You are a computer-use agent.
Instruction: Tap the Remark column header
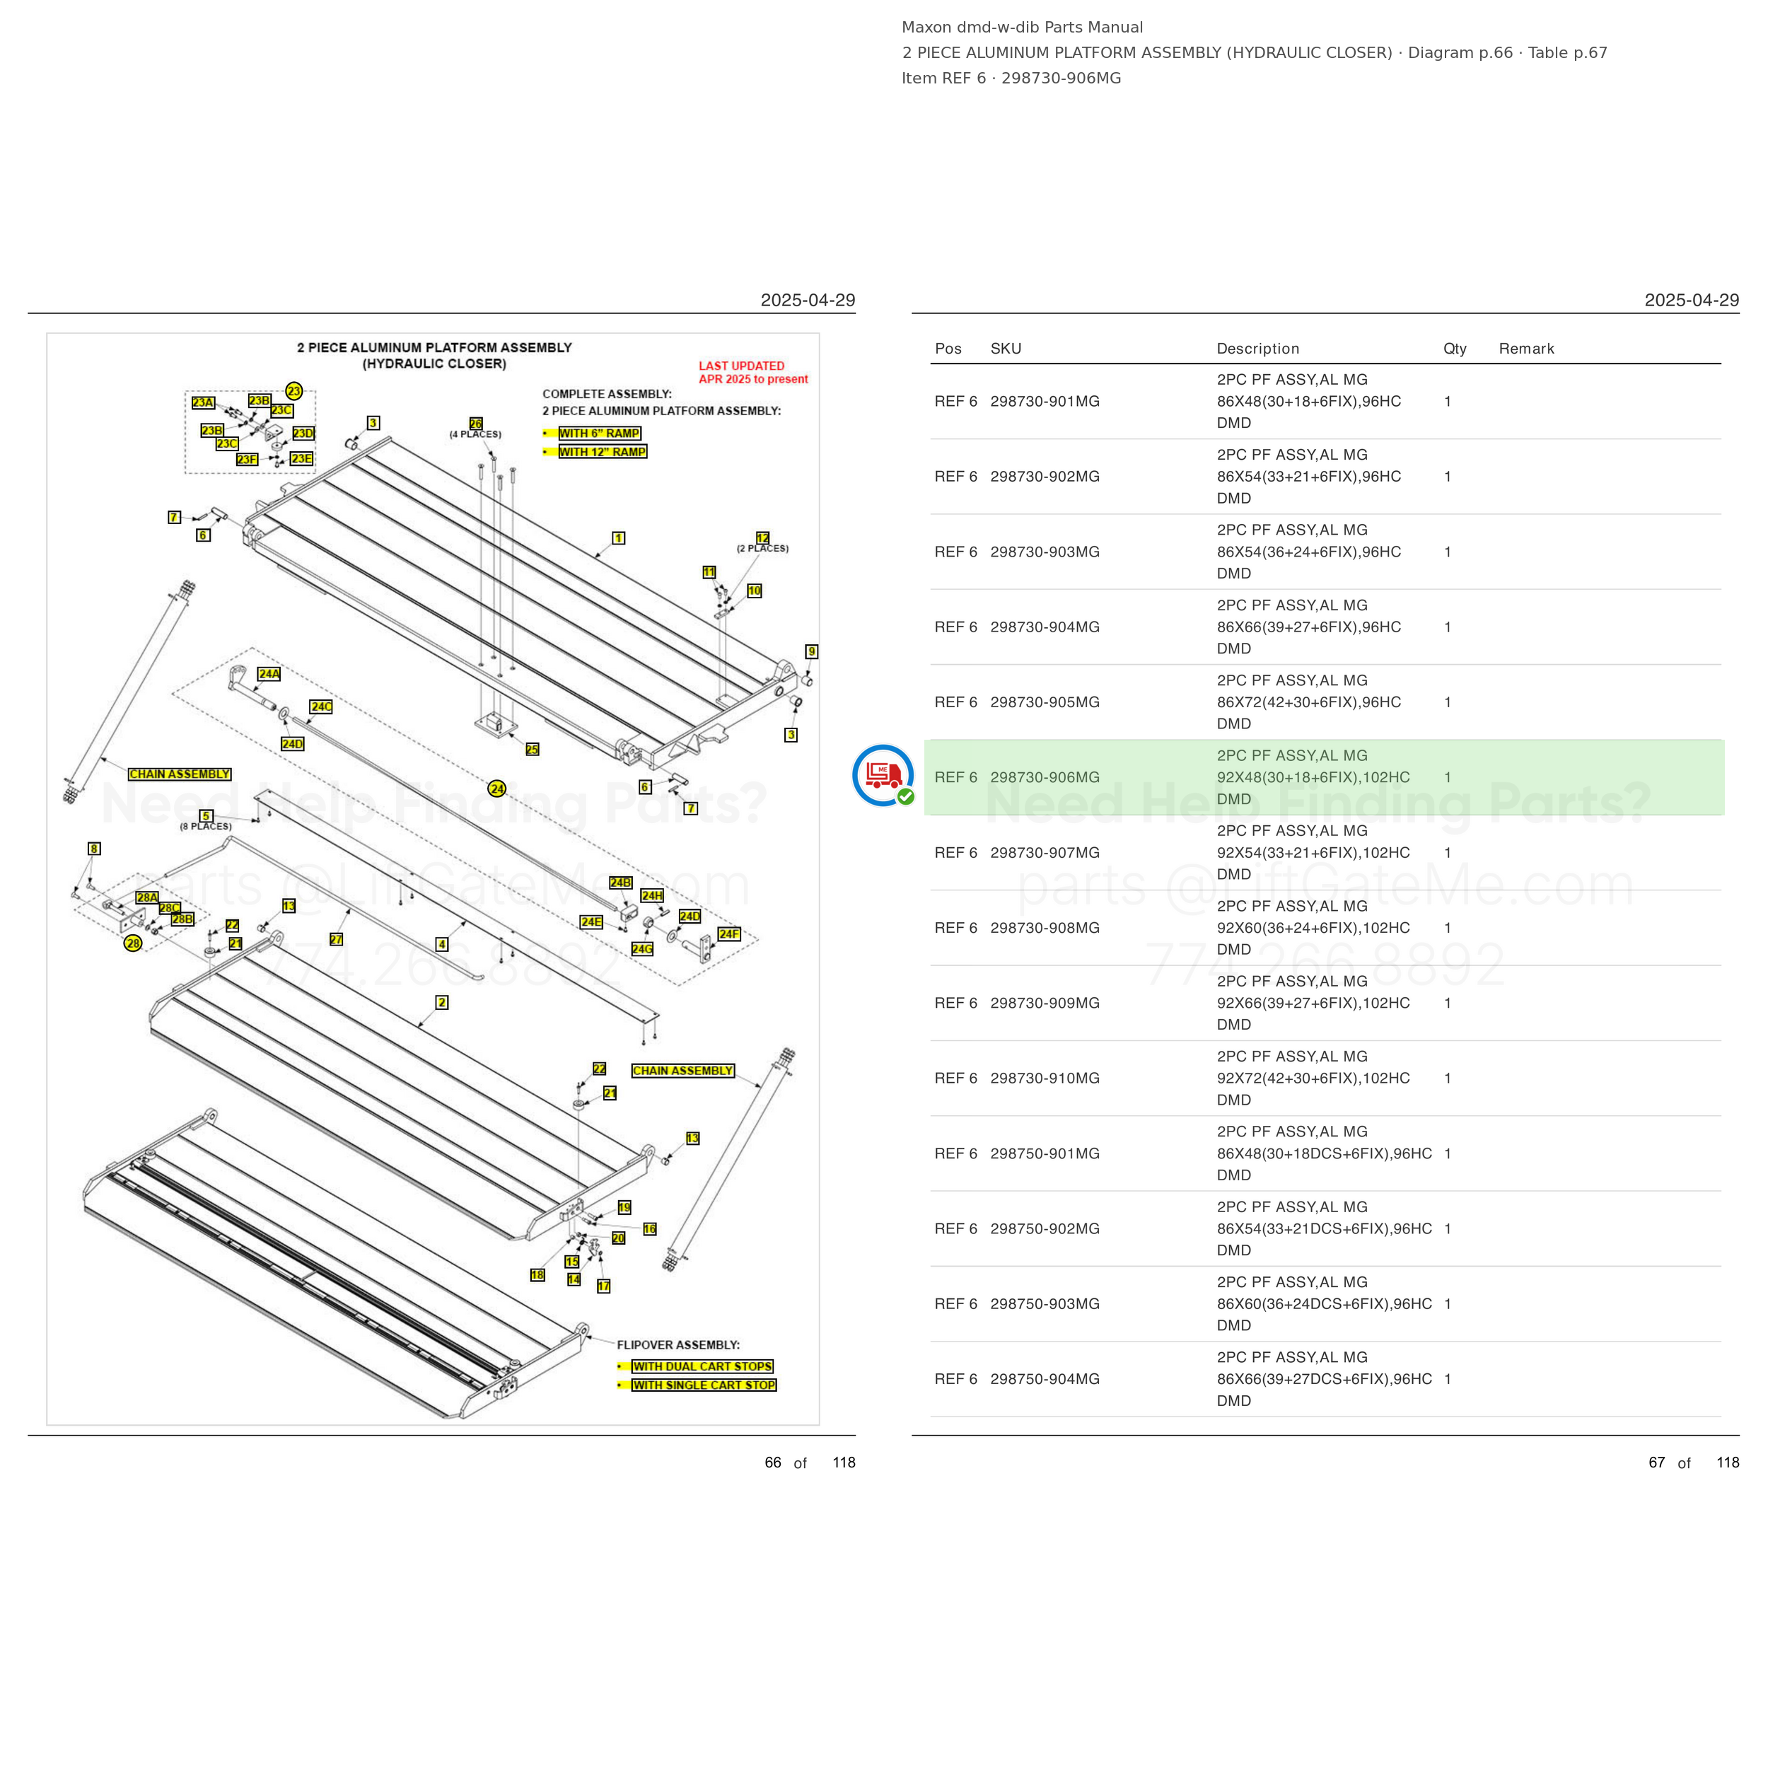coord(1526,349)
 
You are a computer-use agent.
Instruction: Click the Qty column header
coord(1455,349)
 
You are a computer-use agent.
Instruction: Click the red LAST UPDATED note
coord(753,373)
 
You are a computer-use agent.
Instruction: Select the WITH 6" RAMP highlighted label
coord(600,433)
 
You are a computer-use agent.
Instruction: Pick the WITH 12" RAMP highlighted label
coord(602,452)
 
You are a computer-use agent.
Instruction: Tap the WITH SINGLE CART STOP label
coord(704,1385)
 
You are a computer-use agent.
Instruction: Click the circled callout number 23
coord(293,391)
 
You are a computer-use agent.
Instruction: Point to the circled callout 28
coord(134,943)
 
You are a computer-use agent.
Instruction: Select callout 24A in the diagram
coord(269,673)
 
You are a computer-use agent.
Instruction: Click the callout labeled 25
coord(533,750)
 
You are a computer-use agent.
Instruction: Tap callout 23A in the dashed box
coord(203,402)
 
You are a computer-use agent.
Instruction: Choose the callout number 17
coord(604,1286)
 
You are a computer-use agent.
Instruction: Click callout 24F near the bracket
coord(729,934)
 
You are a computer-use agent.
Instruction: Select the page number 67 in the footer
coord(1656,1462)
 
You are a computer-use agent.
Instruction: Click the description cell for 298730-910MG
coord(1313,1078)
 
